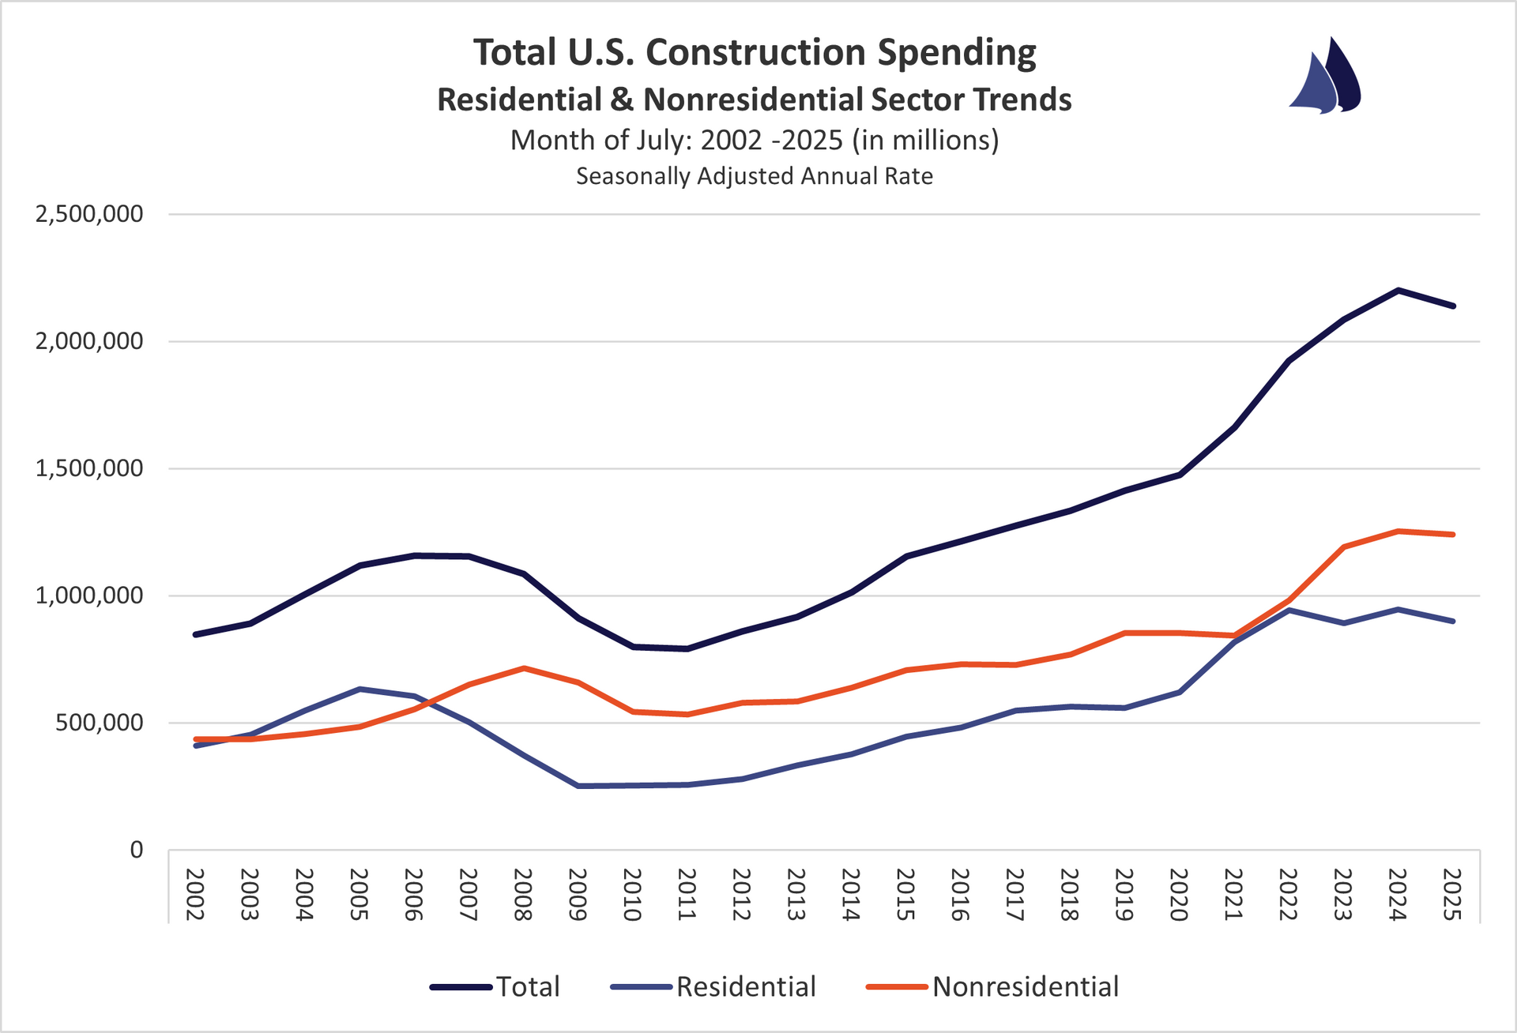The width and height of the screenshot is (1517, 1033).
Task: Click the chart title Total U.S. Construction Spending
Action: (755, 53)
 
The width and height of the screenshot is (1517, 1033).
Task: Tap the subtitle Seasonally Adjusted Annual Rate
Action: (755, 176)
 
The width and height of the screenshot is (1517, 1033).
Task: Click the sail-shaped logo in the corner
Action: (1326, 77)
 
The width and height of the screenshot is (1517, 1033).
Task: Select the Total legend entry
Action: (495, 986)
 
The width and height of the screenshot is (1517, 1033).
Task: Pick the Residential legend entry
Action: (713, 986)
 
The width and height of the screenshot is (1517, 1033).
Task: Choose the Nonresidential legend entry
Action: (993, 986)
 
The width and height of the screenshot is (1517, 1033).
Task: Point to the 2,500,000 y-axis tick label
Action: (89, 214)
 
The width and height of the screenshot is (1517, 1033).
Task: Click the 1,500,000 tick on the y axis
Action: (89, 468)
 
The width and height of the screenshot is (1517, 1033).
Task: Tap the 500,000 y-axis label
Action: (100, 723)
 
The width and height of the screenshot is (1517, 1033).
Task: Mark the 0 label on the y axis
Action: (137, 850)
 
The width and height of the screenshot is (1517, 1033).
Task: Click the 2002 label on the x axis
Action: (195, 894)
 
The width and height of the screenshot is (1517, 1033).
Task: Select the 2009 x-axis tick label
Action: (578, 894)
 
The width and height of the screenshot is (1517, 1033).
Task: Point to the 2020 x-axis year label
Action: (1179, 894)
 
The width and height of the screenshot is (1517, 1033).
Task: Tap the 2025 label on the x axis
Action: (1452, 894)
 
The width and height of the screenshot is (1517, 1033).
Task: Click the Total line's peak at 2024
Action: (1398, 290)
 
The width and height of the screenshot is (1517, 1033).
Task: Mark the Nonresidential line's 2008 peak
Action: (523, 668)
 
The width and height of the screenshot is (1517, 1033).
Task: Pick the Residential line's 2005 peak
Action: (359, 689)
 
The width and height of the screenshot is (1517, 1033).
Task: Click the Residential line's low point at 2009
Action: (578, 786)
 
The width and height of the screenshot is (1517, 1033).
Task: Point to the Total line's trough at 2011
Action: (687, 649)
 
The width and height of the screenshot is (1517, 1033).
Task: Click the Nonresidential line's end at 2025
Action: (1452, 535)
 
